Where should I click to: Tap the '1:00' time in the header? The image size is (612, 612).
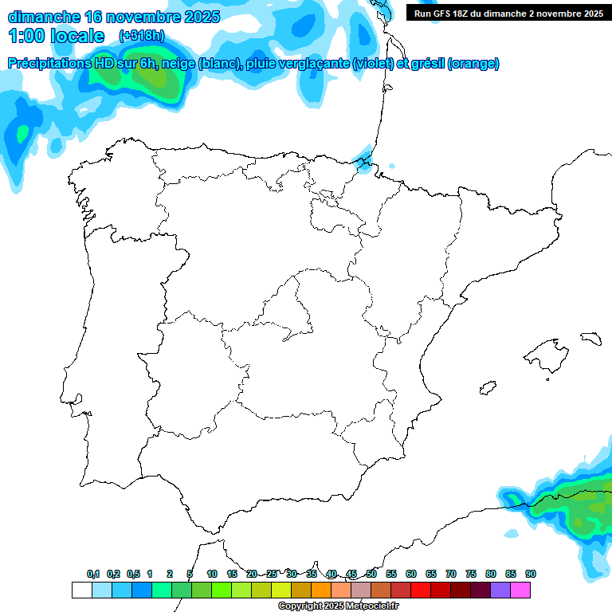tap(25, 36)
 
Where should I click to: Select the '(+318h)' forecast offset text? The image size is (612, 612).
tap(142, 36)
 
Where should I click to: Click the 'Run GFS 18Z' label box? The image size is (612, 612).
tap(508, 13)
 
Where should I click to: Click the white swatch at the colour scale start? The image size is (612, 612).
tap(81, 590)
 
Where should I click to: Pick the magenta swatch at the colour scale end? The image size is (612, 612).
tap(520, 590)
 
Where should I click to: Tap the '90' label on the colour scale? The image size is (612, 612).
tap(530, 574)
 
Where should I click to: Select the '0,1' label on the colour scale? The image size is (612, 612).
tap(93, 574)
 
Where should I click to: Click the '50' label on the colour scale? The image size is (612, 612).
tap(371, 574)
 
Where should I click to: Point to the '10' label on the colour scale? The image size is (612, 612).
tap(212, 574)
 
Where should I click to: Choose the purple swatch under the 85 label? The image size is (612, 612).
tap(500, 590)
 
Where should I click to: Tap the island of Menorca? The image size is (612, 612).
tap(590, 338)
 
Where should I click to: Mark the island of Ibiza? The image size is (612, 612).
tap(487, 388)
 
